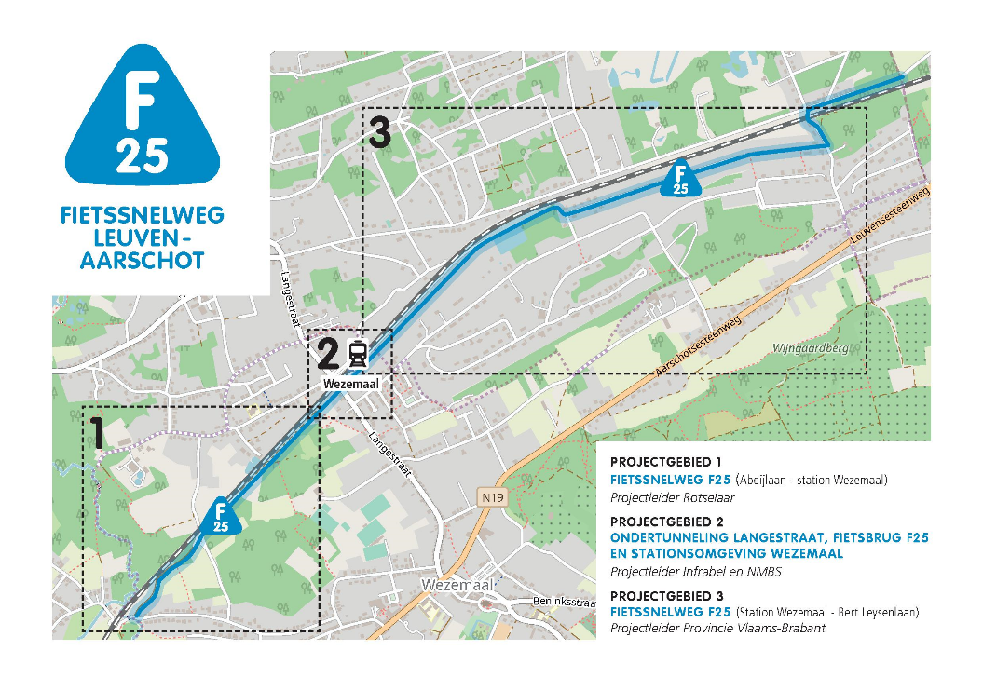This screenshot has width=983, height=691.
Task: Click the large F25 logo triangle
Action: [143, 121]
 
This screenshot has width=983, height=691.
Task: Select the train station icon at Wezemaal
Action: [357, 354]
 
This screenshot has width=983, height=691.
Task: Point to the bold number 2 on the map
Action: [327, 354]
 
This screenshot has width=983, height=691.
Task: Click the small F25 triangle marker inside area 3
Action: [681, 180]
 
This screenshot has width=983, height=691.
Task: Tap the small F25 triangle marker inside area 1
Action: [221, 517]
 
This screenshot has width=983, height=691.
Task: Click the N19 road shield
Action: [492, 498]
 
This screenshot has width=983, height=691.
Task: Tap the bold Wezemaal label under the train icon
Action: [348, 382]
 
